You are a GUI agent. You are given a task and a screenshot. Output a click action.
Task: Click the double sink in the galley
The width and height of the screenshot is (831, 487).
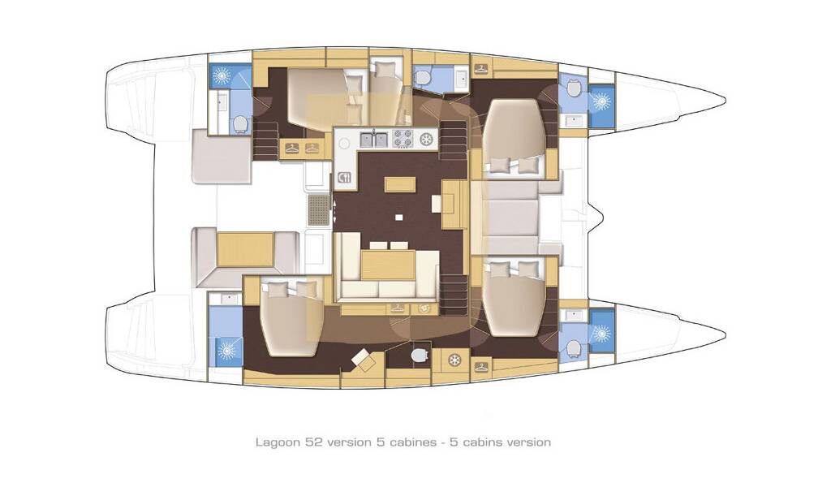374,140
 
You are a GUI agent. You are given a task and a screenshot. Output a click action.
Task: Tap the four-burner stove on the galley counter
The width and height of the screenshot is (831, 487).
403,139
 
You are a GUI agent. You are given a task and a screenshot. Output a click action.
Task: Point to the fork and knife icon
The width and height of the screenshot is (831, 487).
345,177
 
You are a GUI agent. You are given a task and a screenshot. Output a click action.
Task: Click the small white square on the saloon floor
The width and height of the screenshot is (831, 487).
398,217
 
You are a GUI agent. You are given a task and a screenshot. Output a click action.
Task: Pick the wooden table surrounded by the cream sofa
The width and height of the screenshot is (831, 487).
388,265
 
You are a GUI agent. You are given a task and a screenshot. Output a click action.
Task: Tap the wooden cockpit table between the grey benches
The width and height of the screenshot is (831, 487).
245,249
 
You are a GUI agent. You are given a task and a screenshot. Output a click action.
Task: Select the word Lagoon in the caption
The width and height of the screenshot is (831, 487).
278,442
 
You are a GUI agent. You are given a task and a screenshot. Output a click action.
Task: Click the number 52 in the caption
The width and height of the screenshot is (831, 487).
312,442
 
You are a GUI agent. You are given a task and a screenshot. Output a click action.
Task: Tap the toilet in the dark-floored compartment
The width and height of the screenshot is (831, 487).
419,354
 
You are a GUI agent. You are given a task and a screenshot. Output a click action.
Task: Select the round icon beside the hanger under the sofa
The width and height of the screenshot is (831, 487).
424,308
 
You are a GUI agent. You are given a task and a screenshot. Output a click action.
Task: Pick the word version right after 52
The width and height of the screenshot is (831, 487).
347,442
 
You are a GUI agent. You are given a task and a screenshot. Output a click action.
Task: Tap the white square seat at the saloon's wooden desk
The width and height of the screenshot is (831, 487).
436,203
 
